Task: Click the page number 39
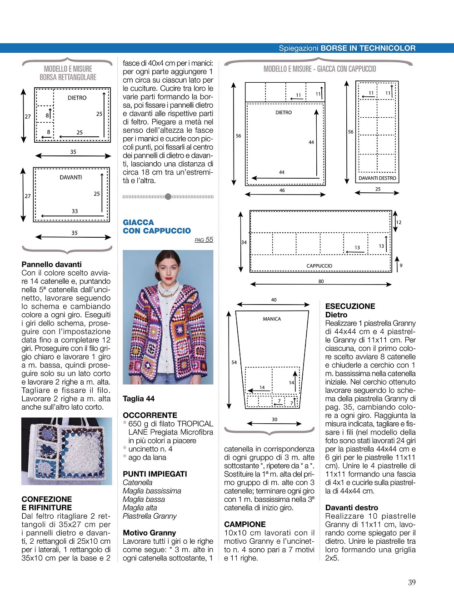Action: tap(412, 582)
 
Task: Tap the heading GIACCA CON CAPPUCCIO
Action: tap(156, 226)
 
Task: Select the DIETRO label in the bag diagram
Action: tap(77, 98)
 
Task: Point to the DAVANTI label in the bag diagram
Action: tap(71, 177)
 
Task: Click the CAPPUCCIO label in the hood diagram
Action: tap(319, 266)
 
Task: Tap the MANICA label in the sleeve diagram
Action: tap(272, 319)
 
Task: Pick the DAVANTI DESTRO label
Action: tap(377, 178)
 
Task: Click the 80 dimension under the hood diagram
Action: tap(321, 281)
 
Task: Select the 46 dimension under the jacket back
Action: tap(282, 190)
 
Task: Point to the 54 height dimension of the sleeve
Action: tap(234, 362)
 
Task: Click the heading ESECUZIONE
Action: tap(350, 306)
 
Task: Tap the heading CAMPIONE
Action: tap(244, 524)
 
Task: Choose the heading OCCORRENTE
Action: tap(150, 415)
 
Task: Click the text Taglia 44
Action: tap(139, 399)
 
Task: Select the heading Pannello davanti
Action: tap(52, 265)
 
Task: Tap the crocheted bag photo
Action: tap(66, 451)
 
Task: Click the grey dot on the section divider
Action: tap(168, 197)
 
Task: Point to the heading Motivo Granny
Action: tap(149, 533)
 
